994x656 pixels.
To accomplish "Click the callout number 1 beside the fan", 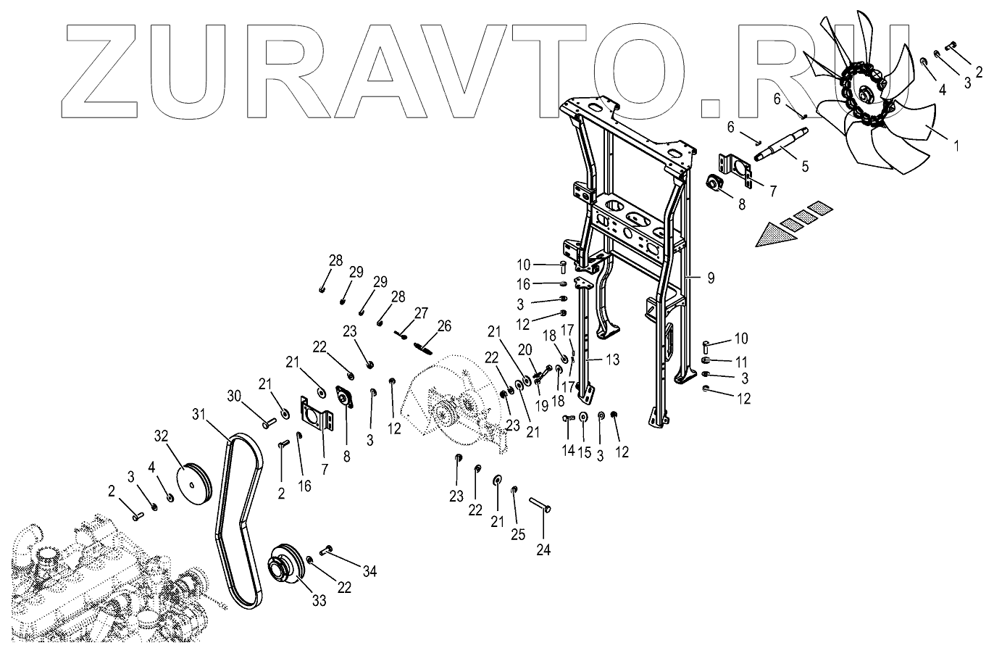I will pyautogui.click(x=956, y=145).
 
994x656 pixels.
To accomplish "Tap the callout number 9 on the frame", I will pyautogui.click(x=710, y=278).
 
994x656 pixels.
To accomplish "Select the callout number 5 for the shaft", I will pyautogui.click(x=805, y=165).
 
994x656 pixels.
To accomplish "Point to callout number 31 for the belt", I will pyautogui.click(x=199, y=414).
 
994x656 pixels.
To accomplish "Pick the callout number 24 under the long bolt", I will pyautogui.click(x=543, y=550).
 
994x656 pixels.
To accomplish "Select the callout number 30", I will pyautogui.click(x=233, y=396).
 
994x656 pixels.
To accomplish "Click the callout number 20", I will pyautogui.click(x=525, y=349).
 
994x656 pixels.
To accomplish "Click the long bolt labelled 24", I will pyautogui.click(x=541, y=504).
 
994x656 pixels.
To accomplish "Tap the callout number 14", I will pyautogui.click(x=568, y=451).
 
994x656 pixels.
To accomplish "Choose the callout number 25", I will pyautogui.click(x=516, y=515).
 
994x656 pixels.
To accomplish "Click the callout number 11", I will pyautogui.click(x=741, y=361).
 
